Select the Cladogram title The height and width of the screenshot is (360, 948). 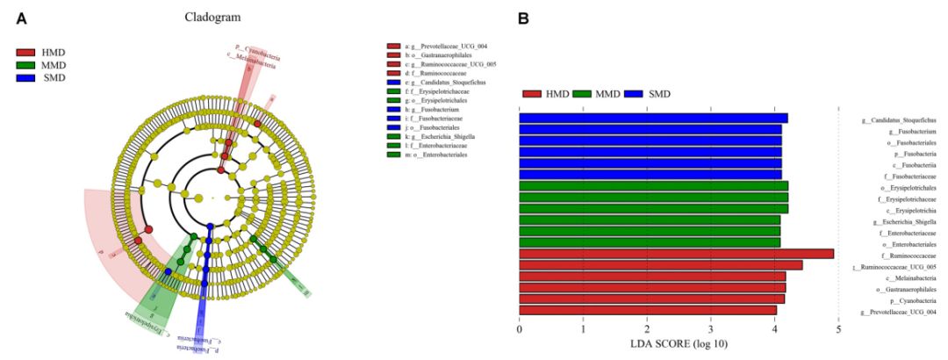click(x=212, y=18)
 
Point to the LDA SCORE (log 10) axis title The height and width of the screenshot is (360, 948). click(x=679, y=343)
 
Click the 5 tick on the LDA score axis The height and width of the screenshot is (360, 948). click(x=839, y=328)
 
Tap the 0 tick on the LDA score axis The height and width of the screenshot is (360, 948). click(x=520, y=328)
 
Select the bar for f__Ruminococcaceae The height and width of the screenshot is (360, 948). click(x=676, y=255)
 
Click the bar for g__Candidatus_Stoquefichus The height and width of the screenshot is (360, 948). click(x=653, y=119)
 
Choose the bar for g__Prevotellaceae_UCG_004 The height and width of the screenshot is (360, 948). click(x=648, y=310)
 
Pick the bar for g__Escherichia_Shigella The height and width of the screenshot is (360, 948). click(x=650, y=220)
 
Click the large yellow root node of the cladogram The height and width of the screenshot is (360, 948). click(x=198, y=198)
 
